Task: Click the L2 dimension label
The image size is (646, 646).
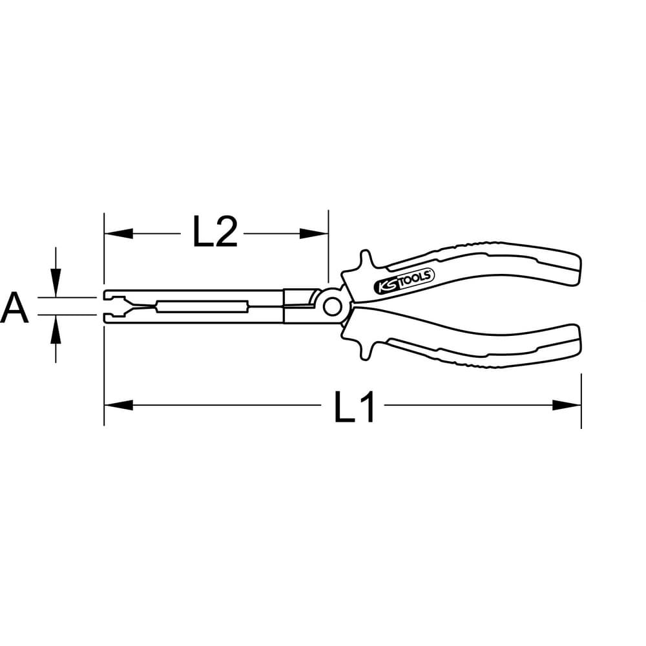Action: pos(215,233)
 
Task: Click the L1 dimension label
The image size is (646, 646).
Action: pos(354,407)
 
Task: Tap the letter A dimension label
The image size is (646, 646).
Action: pos(14,307)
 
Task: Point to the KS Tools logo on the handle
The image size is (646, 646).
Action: pos(404,282)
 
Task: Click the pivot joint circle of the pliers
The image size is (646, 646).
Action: pos(332,307)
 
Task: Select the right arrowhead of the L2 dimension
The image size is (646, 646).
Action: pos(313,234)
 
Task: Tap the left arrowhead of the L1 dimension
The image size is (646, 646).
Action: pos(119,405)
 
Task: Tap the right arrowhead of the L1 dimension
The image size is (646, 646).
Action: pos(567,405)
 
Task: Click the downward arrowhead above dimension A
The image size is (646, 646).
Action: pos(56,283)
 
